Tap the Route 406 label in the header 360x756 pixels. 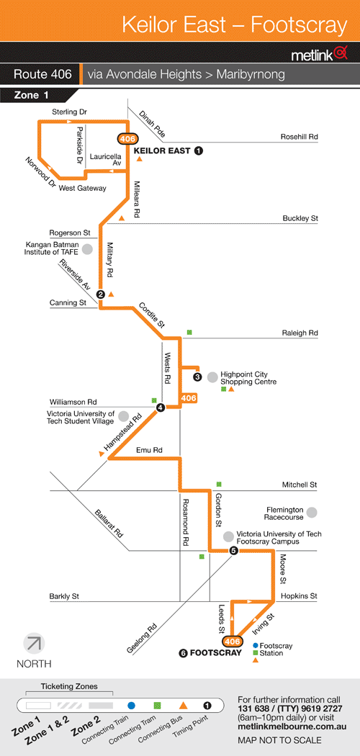click(43, 75)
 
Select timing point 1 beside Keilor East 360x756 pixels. click(199, 151)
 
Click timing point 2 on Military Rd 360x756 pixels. click(101, 294)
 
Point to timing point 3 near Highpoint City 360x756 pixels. click(197, 377)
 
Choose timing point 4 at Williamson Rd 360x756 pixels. click(161, 408)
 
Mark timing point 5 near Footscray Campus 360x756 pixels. click(234, 551)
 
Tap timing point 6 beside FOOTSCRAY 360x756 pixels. click(183, 653)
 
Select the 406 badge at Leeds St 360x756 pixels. click(232, 642)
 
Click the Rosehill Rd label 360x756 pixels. click(300, 137)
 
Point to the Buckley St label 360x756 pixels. click(300, 218)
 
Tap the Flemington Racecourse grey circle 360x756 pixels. click(312, 513)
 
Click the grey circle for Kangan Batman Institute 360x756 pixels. click(87, 249)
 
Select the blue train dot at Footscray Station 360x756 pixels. click(256, 645)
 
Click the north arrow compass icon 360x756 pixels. click(35, 643)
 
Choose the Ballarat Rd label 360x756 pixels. click(109, 523)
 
